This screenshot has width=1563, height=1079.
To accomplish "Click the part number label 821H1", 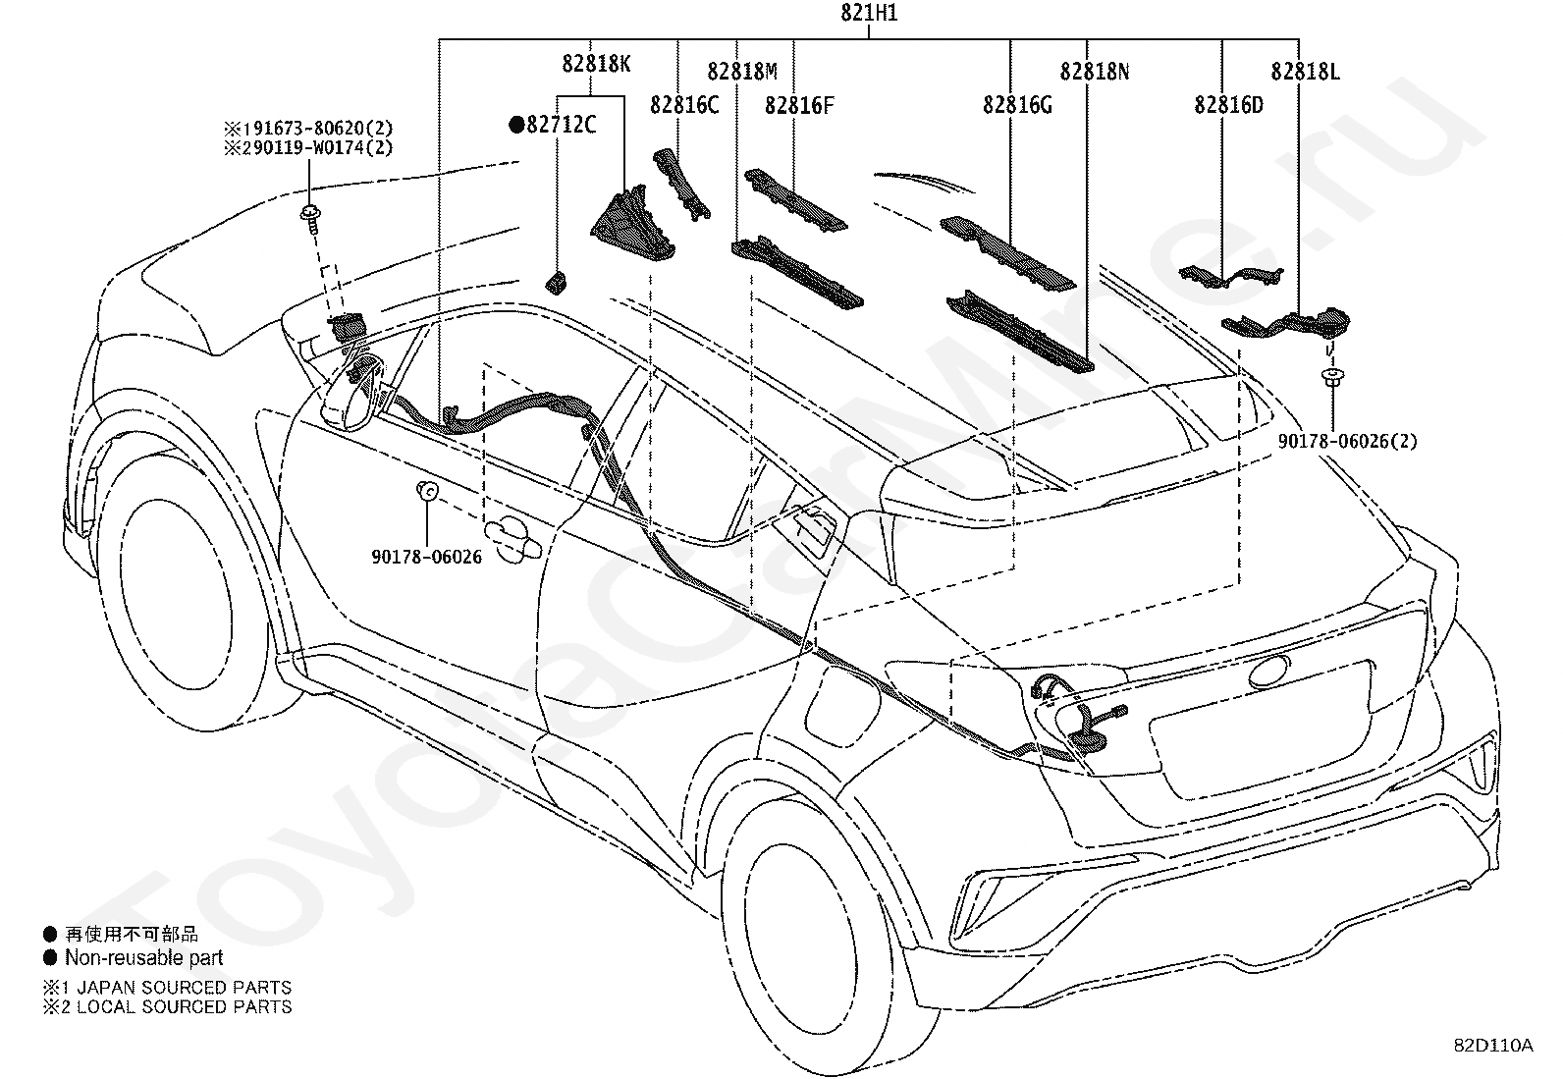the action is tap(869, 13).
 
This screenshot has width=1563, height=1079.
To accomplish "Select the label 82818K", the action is tap(596, 64).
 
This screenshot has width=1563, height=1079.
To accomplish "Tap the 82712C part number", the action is tap(561, 125).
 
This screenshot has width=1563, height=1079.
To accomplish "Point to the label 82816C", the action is tap(683, 105).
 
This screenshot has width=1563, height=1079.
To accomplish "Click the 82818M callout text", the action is tap(741, 72).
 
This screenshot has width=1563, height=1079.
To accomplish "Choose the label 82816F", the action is tap(799, 105).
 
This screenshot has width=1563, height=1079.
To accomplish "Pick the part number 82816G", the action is tap(1017, 105).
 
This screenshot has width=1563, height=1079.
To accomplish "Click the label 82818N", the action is tap(1094, 72).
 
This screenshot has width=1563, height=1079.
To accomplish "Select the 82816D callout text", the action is tap(1228, 105).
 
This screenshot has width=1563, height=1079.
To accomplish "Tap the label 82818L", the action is tap(1305, 72).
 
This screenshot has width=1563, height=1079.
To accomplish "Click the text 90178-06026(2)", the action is tap(1347, 441).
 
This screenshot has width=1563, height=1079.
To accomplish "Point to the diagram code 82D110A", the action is tap(1493, 1045).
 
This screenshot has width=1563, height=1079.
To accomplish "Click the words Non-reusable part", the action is tap(143, 957).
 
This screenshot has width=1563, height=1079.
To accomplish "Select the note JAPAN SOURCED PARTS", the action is tap(185, 987).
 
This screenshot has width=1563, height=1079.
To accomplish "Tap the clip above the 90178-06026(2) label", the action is tap(1332, 379).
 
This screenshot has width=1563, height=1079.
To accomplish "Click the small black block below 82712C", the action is tap(556, 283).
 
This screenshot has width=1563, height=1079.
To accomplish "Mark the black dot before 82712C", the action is tap(516, 125).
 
